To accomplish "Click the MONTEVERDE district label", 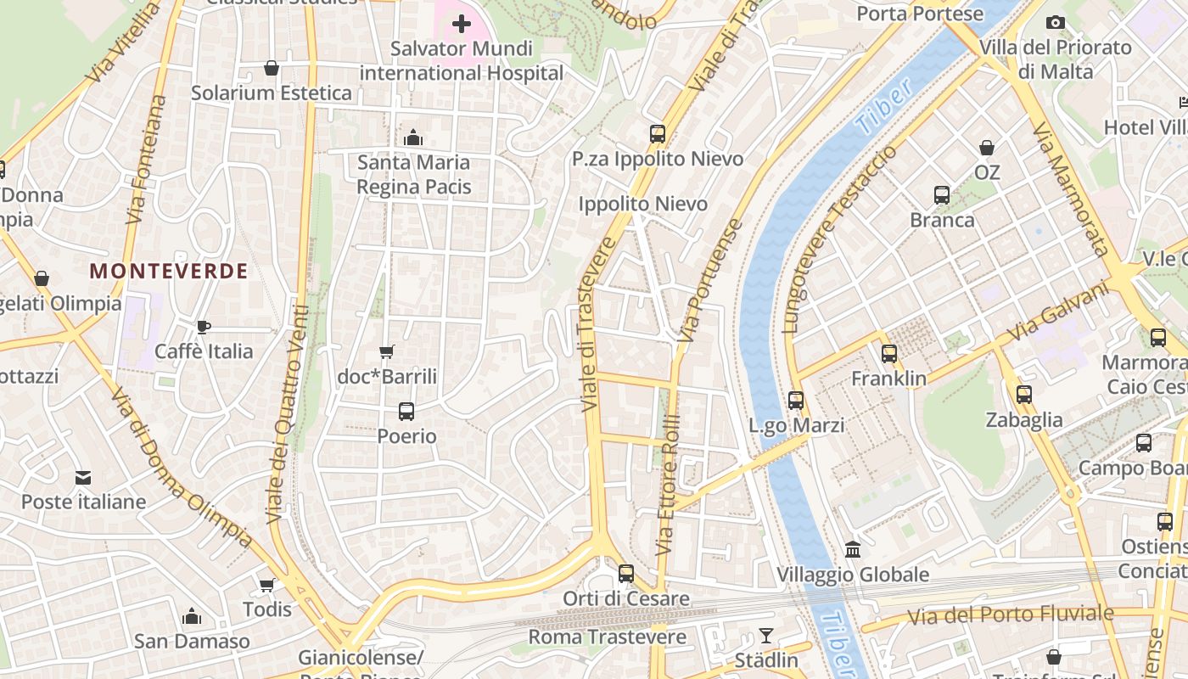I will (x=169, y=272).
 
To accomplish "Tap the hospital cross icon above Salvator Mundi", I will (x=462, y=24).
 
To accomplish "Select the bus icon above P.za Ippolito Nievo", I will (x=658, y=133).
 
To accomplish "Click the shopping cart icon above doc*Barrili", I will (x=387, y=351).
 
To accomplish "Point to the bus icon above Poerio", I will (x=406, y=412).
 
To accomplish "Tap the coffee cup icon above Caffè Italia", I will (x=204, y=327).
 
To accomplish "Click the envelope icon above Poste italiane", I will (x=83, y=478).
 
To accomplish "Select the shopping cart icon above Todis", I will (x=267, y=585).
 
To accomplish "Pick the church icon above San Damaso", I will (x=193, y=616).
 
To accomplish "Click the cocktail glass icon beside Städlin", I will (x=766, y=636).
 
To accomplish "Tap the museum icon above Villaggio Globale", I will (x=853, y=550).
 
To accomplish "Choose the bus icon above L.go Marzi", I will (x=796, y=401).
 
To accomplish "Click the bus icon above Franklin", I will (x=889, y=354).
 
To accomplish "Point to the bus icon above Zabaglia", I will (x=1024, y=395).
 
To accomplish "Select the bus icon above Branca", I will (x=942, y=195).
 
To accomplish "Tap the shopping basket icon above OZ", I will (x=987, y=148).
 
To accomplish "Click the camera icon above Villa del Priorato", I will (x=1056, y=23).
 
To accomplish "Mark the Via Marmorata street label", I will (x=1071, y=188).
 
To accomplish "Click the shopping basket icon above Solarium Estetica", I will (x=272, y=68).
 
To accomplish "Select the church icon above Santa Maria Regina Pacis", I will (x=414, y=137).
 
